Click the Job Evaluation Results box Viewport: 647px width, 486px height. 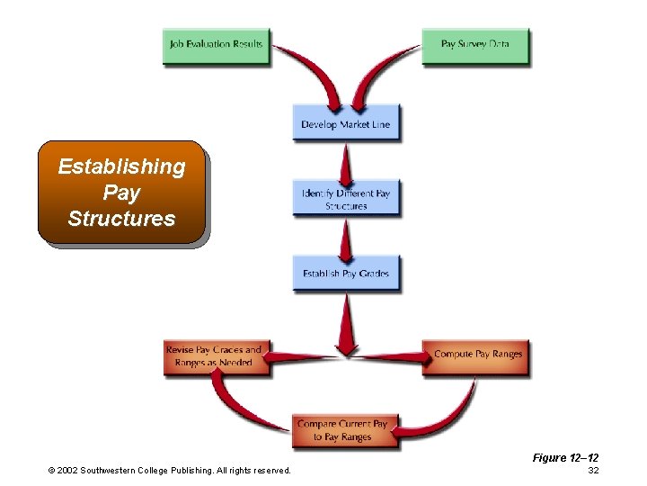point(216,45)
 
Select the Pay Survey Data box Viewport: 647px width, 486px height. point(475,45)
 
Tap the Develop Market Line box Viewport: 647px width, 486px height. point(346,124)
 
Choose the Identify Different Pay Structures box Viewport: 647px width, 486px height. point(346,199)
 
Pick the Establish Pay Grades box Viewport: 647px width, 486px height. point(346,274)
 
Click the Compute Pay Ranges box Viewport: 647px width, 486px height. point(477,355)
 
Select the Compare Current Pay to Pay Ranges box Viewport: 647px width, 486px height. point(342,430)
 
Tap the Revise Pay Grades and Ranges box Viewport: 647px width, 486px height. point(214,355)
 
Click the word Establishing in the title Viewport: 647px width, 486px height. point(121,166)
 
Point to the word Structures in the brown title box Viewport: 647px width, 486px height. point(121,219)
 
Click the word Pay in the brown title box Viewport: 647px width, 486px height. point(121,193)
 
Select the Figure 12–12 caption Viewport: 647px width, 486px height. point(565,458)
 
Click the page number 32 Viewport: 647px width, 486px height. point(592,471)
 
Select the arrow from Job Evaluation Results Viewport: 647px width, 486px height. point(310,72)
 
